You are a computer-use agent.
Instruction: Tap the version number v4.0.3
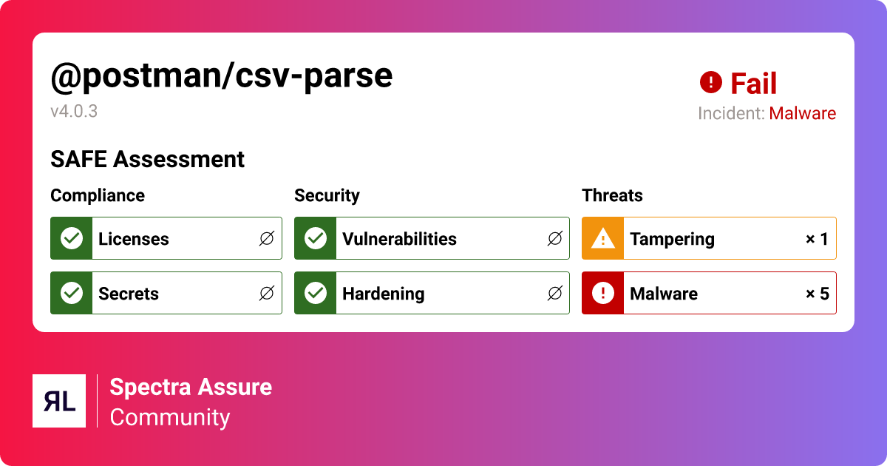point(74,112)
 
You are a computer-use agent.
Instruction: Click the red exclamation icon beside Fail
point(711,82)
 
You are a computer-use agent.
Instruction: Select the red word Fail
point(753,83)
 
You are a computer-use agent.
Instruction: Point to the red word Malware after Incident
point(802,113)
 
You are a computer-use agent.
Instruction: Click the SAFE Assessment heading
point(147,159)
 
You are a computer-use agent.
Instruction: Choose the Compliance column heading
point(98,196)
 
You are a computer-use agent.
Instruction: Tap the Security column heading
point(327,196)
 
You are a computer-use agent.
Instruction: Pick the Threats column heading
point(612,196)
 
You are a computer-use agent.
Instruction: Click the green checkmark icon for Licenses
point(72,238)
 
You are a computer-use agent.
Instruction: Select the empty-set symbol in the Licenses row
point(267,238)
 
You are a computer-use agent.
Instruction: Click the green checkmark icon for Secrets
point(72,293)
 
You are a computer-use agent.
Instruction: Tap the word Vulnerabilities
point(399,239)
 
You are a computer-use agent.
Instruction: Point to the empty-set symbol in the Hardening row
point(555,293)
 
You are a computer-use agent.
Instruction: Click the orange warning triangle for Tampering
point(602,238)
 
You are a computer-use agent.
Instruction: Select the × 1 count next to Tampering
point(817,239)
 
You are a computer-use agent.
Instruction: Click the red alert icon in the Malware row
point(602,293)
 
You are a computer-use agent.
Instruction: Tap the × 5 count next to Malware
point(818,294)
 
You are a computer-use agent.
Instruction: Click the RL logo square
point(59,401)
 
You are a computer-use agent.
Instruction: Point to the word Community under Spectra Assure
point(170,418)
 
